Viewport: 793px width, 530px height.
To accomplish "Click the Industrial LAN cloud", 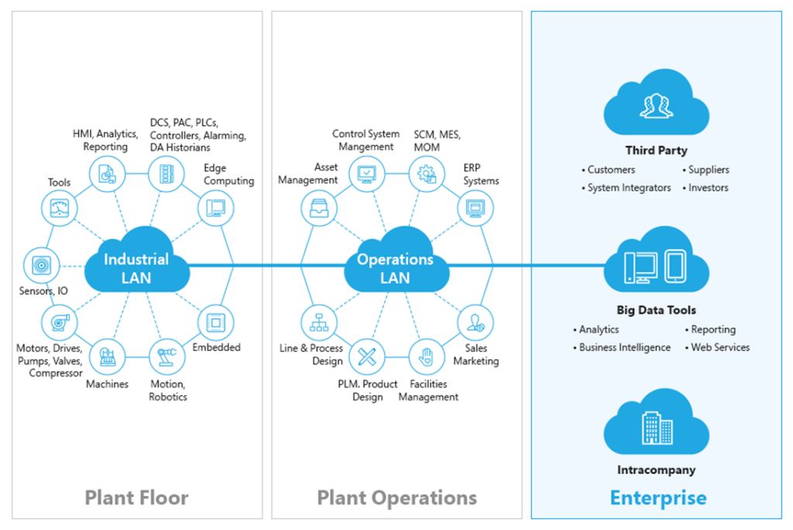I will click(136, 267).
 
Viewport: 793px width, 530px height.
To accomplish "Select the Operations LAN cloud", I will click(395, 267).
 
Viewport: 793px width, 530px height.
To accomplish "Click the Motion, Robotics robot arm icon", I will click(165, 357).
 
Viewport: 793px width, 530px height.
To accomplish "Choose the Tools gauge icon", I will click(60, 208).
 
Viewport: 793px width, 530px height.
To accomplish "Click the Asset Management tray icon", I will click(318, 208).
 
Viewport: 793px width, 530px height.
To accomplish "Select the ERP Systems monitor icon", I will click(473, 208).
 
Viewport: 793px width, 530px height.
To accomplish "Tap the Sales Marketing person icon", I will click(473, 321).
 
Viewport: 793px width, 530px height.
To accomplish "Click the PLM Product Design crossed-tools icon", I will click(366, 357).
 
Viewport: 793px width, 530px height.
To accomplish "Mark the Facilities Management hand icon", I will click(425, 357).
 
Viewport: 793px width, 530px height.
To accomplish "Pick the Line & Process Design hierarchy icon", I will click(318, 321).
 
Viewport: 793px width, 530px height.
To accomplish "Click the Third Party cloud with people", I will click(656, 108).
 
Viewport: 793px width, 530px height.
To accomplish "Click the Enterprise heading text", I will click(658, 497).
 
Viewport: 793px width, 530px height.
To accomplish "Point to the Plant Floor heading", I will click(136, 497).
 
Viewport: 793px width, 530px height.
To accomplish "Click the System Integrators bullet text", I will click(629, 188).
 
